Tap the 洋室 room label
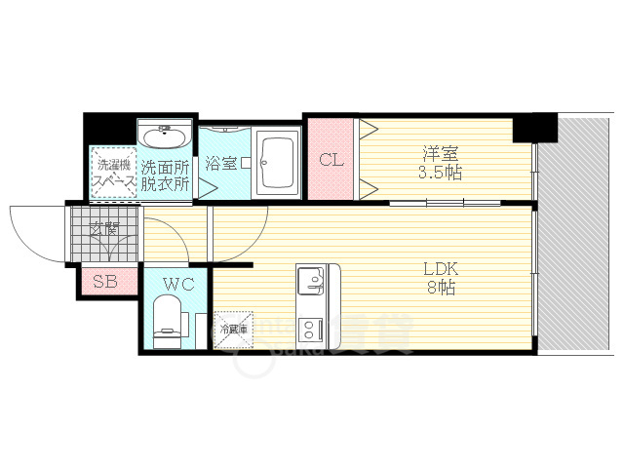(x=441, y=153)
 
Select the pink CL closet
(x=331, y=159)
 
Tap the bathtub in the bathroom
(x=278, y=160)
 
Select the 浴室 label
(x=220, y=163)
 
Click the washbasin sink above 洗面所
(x=164, y=133)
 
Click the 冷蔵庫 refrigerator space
(x=232, y=330)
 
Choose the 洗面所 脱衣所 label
(x=164, y=174)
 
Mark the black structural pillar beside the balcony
(x=534, y=127)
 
